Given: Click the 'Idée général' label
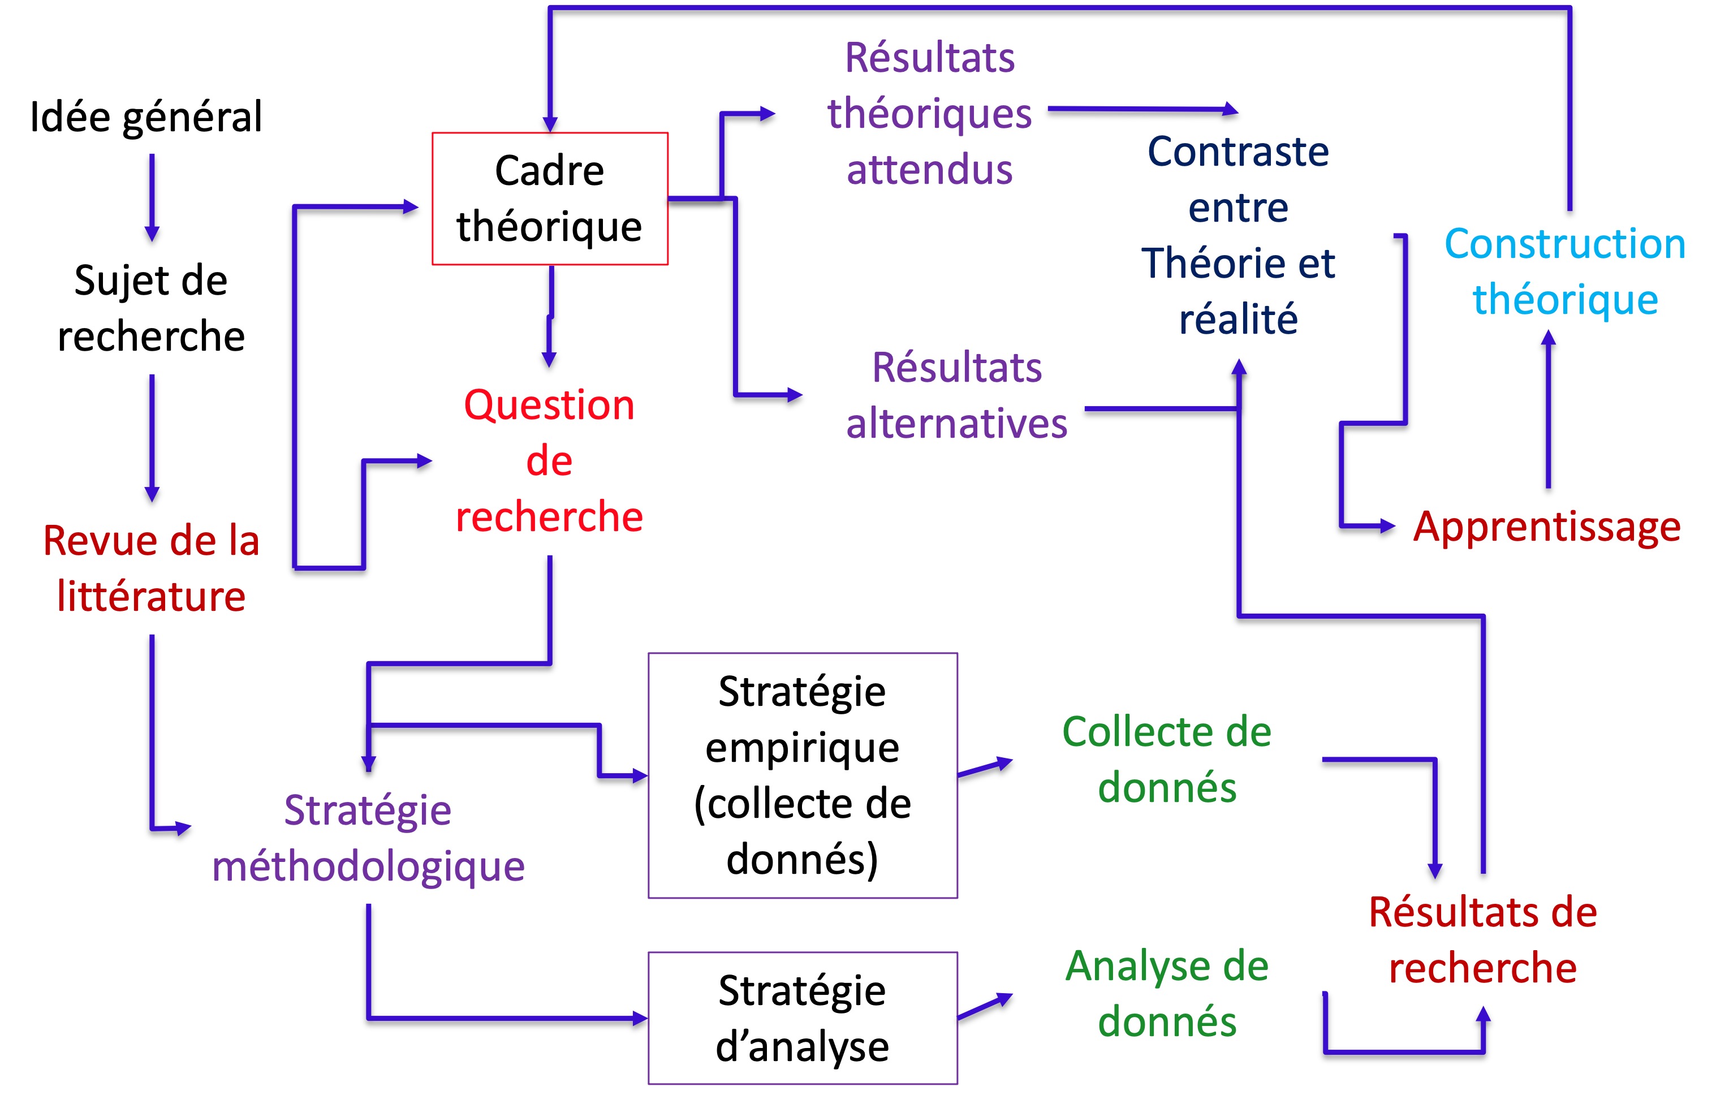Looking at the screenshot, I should [x=146, y=117].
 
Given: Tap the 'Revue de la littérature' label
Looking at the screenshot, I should [x=151, y=568].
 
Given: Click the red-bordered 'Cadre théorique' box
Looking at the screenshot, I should [x=549, y=199].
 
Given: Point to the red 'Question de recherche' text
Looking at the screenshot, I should [x=549, y=460].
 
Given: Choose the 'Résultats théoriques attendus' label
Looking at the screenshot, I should [x=929, y=114].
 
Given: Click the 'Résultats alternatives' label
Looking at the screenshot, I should [x=956, y=395].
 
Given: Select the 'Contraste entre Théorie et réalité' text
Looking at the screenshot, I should [x=1238, y=235].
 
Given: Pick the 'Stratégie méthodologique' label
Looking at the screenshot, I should [x=368, y=838].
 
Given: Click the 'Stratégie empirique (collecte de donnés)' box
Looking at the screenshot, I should [x=802, y=775].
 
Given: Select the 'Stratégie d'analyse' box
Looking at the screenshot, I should [x=802, y=1018].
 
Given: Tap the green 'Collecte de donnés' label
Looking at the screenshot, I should [x=1167, y=760].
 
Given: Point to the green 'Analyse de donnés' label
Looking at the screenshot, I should [x=1167, y=994].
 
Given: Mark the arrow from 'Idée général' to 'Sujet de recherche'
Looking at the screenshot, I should [x=152, y=197].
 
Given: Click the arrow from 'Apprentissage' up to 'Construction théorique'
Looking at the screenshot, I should [x=1548, y=409].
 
